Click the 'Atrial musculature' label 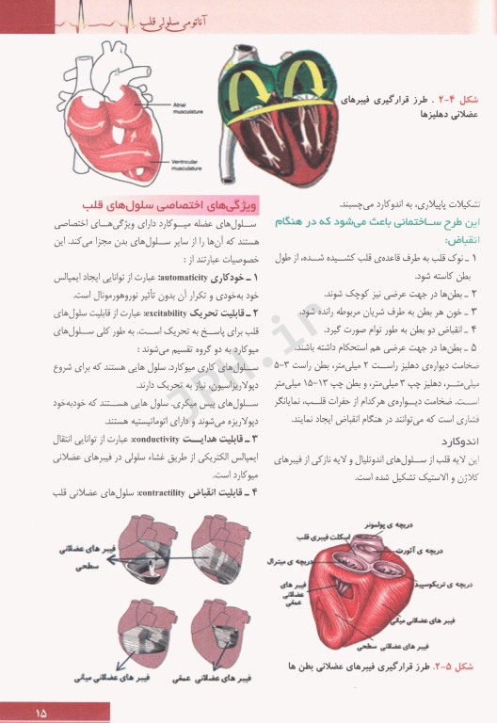[187, 109]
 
